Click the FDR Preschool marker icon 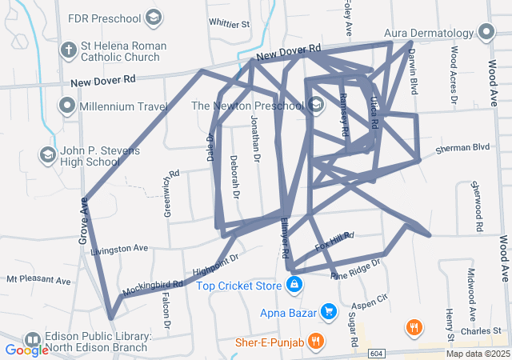pos(154,17)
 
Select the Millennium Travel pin pos(68,106)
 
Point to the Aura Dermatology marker pos(486,33)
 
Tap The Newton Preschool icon pos(316,106)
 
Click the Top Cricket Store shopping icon pos(294,285)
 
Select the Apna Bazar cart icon pos(328,310)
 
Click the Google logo pos(26,350)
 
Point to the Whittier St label pos(228,25)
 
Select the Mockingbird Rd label pos(153,285)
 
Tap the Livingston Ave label pos(120,249)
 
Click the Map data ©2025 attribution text pos(478,354)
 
